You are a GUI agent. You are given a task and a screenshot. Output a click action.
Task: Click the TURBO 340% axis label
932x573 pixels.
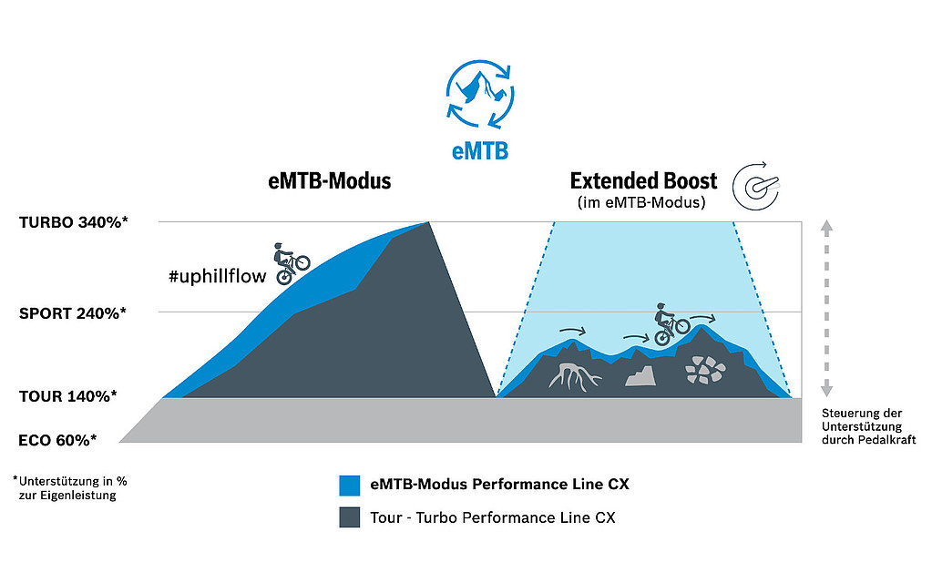tap(73, 221)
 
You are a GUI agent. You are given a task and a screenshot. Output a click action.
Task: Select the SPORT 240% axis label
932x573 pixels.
tap(72, 312)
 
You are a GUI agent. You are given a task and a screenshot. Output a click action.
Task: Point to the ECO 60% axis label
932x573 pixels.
tap(57, 439)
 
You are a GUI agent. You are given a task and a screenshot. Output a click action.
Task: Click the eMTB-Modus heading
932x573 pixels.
tap(330, 180)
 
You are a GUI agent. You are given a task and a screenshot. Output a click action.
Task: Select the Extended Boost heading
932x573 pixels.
tap(643, 180)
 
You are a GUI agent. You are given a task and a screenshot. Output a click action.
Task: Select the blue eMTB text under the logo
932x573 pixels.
tap(480, 151)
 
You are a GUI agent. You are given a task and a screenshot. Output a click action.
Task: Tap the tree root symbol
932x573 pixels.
tap(574, 374)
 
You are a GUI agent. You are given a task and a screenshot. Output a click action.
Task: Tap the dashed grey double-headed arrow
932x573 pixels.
tap(826, 308)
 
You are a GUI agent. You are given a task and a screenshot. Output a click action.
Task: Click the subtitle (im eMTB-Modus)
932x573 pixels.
tap(641, 202)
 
